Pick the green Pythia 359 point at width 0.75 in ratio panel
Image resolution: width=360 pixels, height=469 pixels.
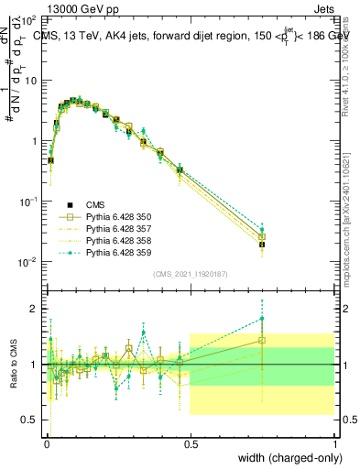point(262,319)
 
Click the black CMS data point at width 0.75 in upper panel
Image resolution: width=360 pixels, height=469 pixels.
point(262,245)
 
